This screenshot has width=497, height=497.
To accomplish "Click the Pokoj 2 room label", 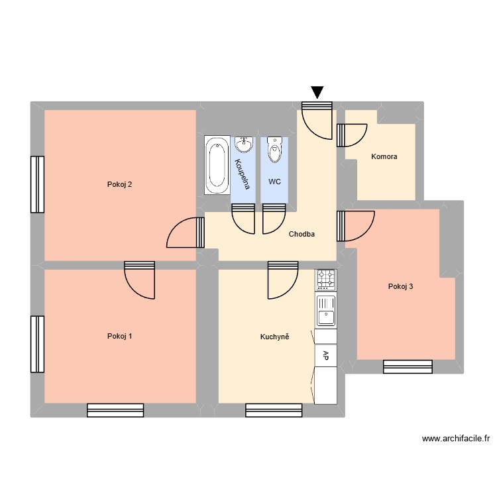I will pos(119,184).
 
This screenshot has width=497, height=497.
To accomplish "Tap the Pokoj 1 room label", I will pos(119,336).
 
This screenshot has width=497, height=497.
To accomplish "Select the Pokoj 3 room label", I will pos(401,286).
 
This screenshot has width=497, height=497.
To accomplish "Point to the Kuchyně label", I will pos(274,337).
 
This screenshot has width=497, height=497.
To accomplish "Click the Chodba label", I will pos(302,234).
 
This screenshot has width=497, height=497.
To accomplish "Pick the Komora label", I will pos(384,157).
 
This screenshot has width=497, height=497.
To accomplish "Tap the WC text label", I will pos(274,181).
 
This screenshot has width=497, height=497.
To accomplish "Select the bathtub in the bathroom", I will pos(216,165).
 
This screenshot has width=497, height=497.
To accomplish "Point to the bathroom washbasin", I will pos(243,145).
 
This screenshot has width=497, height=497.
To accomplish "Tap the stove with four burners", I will pos(325,279).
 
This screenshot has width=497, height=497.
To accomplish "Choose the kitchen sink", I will pos(325,310).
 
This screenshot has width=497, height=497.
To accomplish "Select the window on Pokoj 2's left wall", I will pos(37,184).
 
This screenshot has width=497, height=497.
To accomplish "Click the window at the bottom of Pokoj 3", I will pos(408,366).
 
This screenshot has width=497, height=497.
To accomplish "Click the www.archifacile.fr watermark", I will pos(455,439).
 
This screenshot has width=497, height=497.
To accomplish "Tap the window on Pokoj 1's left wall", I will pos(37,344).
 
